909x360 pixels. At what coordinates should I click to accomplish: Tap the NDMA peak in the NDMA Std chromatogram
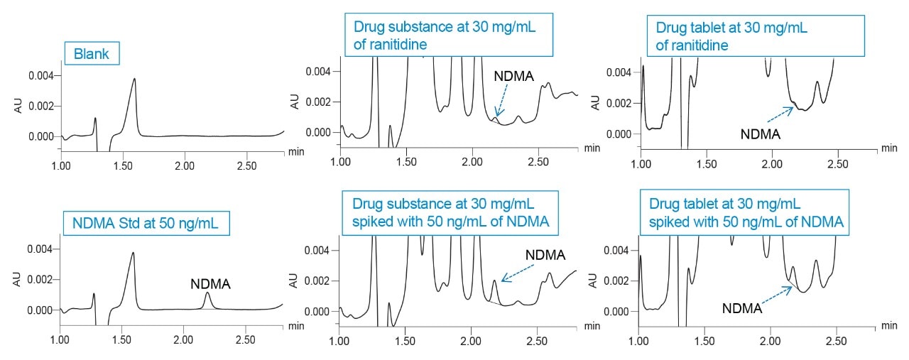click(207, 294)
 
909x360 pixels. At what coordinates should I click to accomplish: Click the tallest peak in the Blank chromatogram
click(134, 80)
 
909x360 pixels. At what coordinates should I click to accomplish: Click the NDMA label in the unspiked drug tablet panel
click(761, 133)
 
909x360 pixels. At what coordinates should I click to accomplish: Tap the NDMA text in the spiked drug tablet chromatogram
click(742, 308)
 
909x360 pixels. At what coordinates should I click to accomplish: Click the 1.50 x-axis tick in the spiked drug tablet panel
click(704, 340)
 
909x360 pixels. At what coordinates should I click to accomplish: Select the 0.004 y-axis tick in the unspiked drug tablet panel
click(619, 72)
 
